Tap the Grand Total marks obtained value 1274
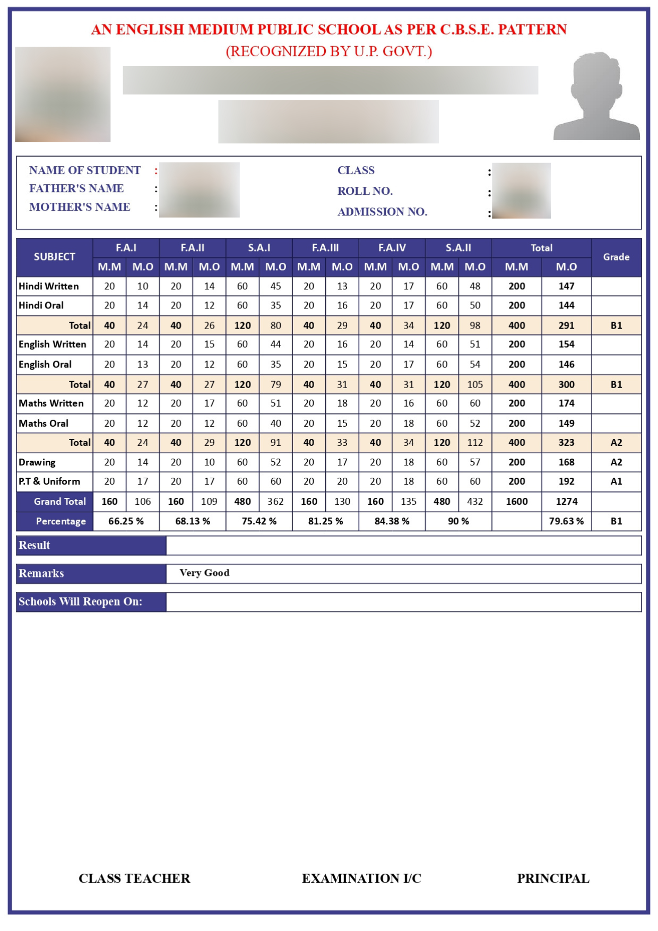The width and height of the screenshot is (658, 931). (566, 501)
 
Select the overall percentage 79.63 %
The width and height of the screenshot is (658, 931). (566, 521)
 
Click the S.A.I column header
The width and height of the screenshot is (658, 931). (259, 248)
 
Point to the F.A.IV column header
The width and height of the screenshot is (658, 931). (392, 248)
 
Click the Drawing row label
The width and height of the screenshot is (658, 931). (37, 462)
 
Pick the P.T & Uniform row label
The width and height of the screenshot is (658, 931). (49, 481)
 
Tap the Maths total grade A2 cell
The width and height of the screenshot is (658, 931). (616, 443)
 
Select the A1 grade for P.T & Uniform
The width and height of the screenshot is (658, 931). (616, 481)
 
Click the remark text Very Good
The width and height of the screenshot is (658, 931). (204, 573)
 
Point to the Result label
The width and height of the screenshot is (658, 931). (34, 545)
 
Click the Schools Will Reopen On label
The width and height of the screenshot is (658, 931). (80, 601)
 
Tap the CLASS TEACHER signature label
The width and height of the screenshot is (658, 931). (134, 878)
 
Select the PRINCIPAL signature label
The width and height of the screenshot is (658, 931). (553, 878)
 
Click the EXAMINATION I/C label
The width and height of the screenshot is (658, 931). (361, 878)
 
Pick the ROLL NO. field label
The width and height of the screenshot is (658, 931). (365, 191)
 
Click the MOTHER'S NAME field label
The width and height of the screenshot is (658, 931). (80, 207)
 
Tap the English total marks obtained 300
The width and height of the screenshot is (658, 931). (566, 384)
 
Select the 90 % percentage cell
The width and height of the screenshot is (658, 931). (458, 521)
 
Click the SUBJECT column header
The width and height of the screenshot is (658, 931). (55, 257)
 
